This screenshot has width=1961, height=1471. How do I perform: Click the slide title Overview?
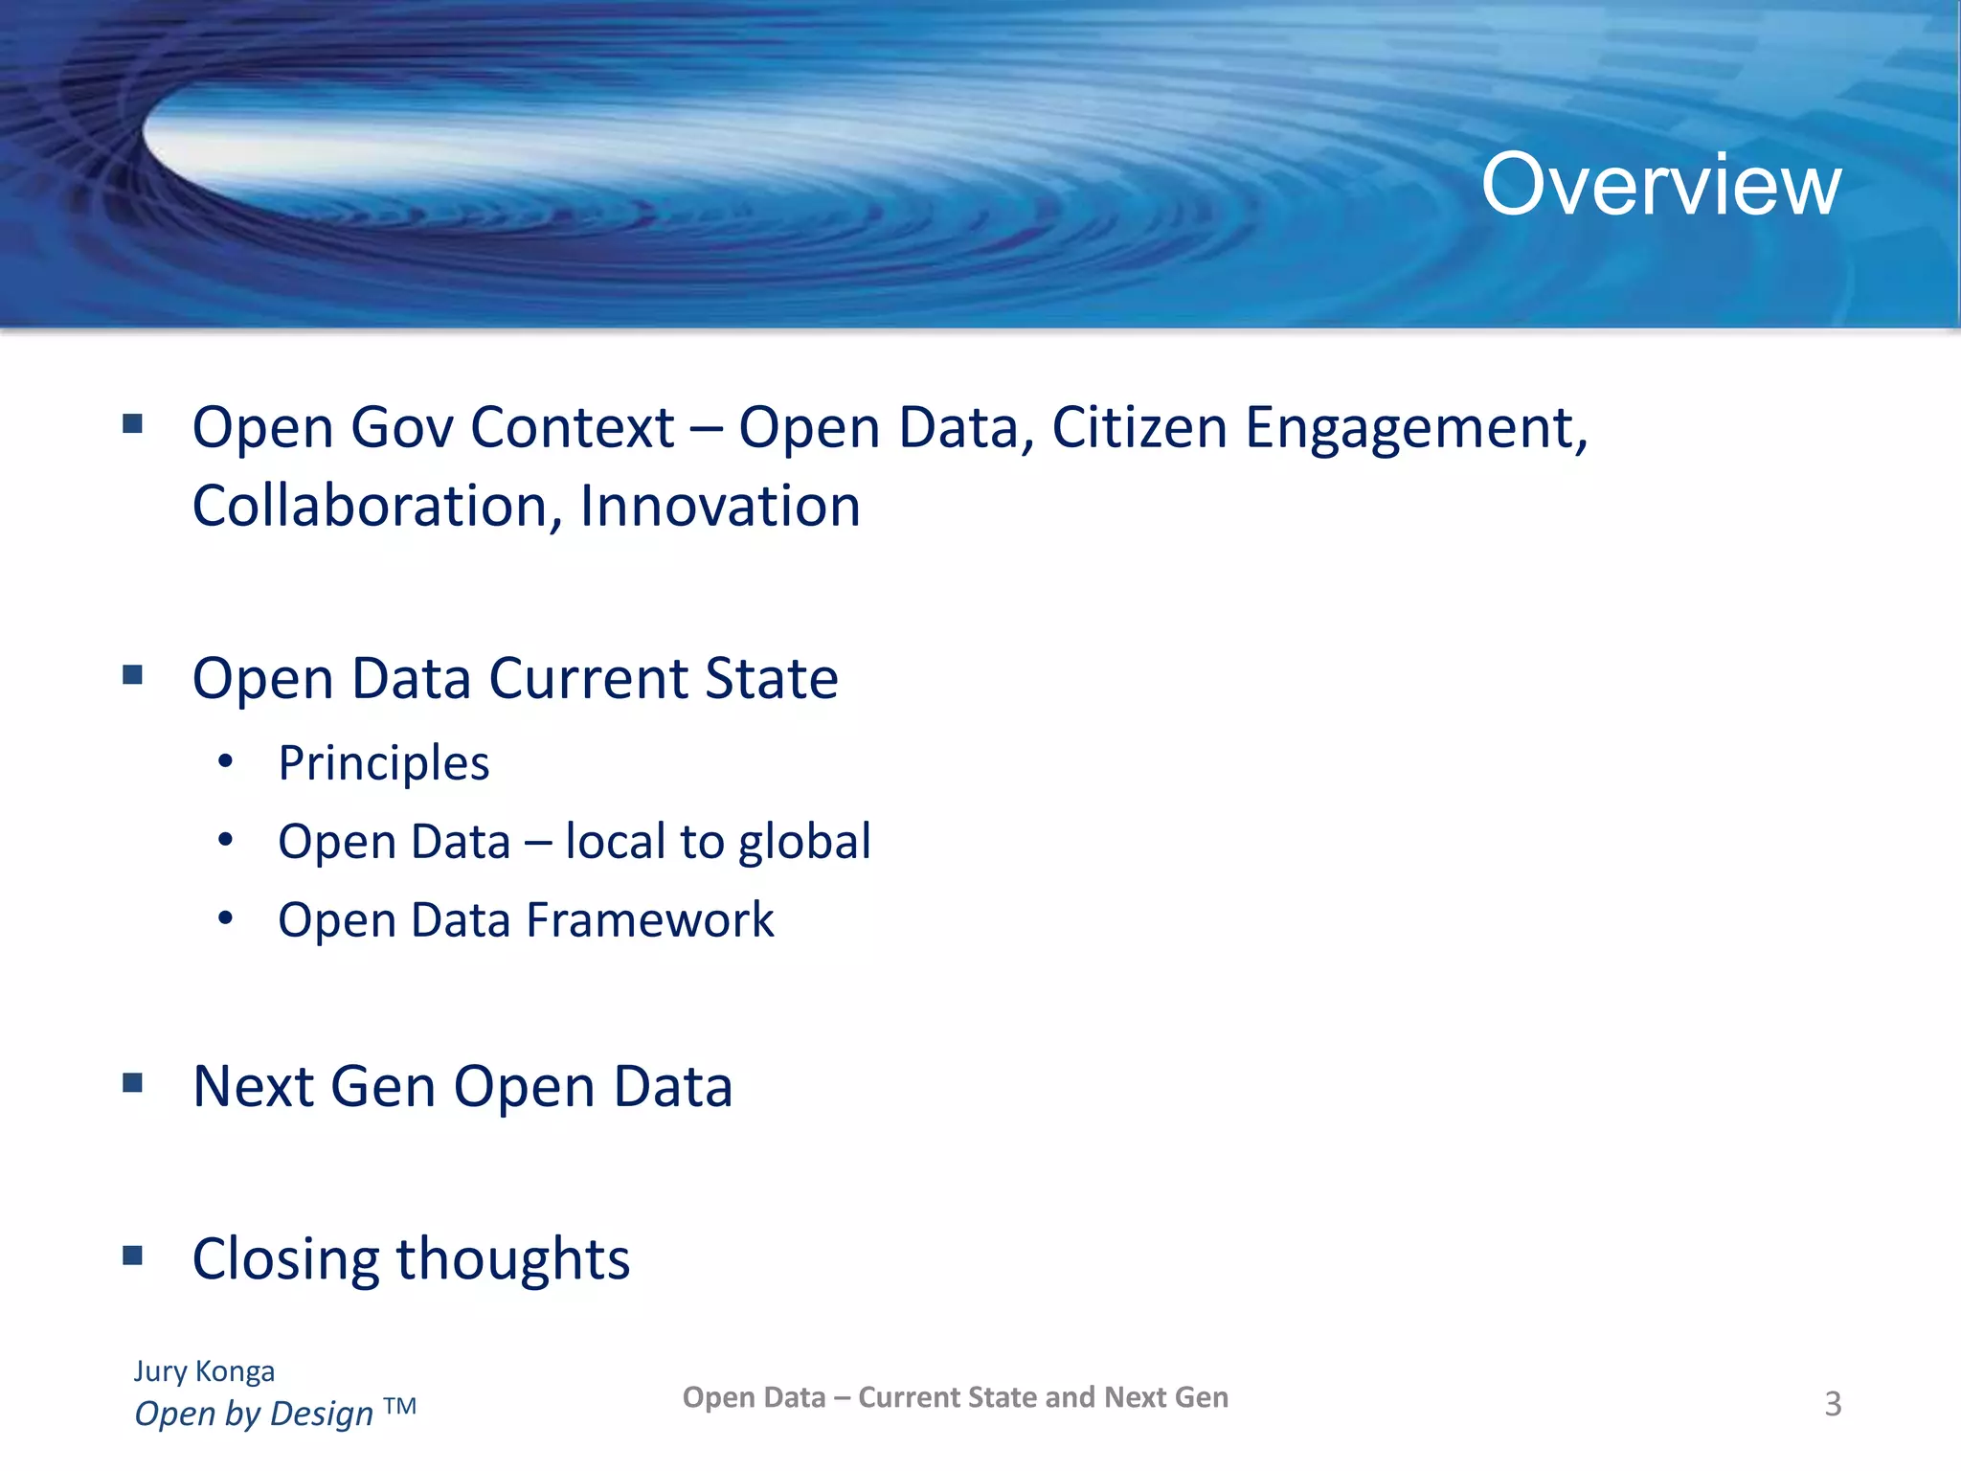click(1660, 184)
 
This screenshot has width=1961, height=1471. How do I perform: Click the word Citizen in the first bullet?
click(1138, 427)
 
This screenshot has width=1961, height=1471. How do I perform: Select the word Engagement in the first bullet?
click(1415, 427)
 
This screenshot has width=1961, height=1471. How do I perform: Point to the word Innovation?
click(720, 506)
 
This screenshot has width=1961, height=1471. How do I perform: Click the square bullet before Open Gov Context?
click(133, 423)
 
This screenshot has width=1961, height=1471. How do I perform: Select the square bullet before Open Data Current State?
click(133, 675)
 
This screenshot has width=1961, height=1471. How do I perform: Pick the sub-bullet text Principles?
click(383, 763)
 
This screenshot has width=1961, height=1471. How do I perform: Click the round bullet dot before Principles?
click(226, 762)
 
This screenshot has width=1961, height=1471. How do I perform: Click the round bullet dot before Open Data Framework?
click(226, 918)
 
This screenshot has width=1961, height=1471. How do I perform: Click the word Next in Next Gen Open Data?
click(253, 1086)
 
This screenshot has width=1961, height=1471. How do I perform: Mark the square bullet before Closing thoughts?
click(133, 1255)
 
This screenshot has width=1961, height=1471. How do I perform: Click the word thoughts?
click(513, 1258)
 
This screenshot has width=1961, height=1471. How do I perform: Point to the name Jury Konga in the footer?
click(204, 1370)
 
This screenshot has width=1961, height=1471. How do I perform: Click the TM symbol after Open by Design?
click(399, 1406)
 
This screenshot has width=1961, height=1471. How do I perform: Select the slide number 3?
click(1832, 1403)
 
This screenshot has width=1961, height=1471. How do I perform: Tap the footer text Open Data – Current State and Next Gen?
click(955, 1397)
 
